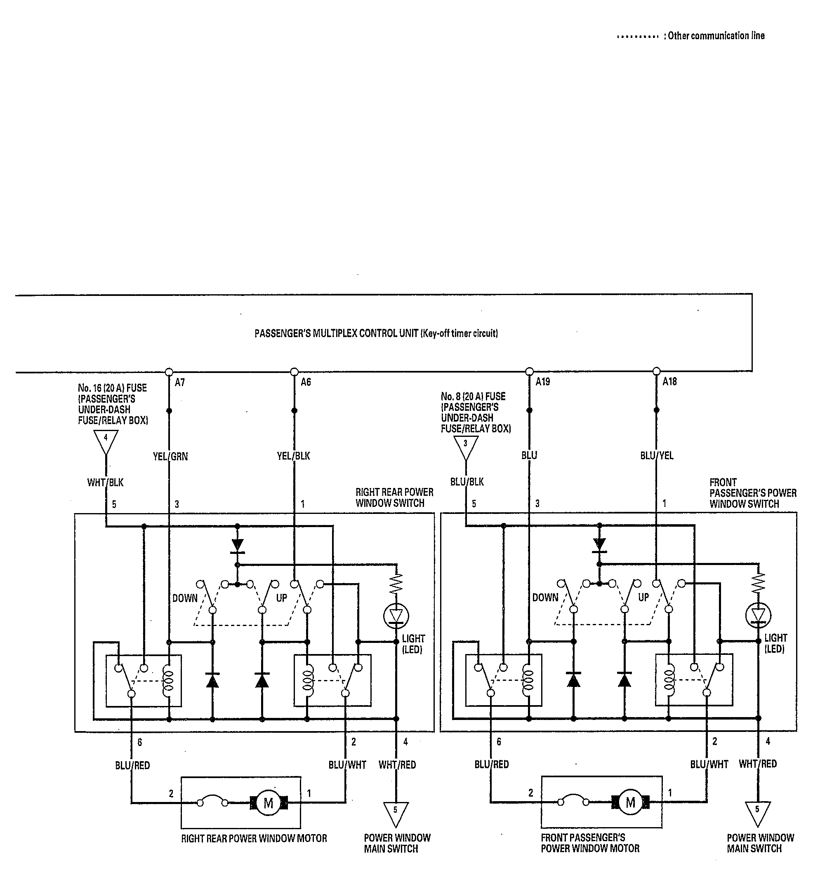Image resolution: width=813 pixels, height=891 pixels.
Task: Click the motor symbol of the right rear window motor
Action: [268, 803]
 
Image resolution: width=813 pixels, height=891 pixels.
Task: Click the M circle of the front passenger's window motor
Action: [630, 802]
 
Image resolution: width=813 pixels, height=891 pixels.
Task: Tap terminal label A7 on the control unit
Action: [179, 382]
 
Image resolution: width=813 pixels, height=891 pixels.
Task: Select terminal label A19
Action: [543, 381]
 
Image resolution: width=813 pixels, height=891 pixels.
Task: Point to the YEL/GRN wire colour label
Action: [170, 457]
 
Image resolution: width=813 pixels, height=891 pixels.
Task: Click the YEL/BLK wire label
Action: [293, 456]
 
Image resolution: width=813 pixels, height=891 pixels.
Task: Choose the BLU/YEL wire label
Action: [657, 456]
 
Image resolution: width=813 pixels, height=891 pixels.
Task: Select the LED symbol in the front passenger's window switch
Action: [758, 615]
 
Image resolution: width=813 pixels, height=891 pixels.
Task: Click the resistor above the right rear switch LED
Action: [396, 583]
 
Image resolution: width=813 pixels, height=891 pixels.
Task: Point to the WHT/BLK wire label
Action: [105, 483]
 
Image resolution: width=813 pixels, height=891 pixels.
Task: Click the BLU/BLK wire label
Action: [467, 482]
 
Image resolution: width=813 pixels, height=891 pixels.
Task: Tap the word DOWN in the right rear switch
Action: [185, 598]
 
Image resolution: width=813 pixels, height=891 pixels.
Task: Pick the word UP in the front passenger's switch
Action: [643, 598]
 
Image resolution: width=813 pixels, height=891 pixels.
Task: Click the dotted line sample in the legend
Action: [638, 37]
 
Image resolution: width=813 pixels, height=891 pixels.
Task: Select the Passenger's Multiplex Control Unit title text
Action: [377, 334]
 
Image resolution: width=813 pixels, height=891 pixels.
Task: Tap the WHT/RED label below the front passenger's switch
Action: [758, 764]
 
